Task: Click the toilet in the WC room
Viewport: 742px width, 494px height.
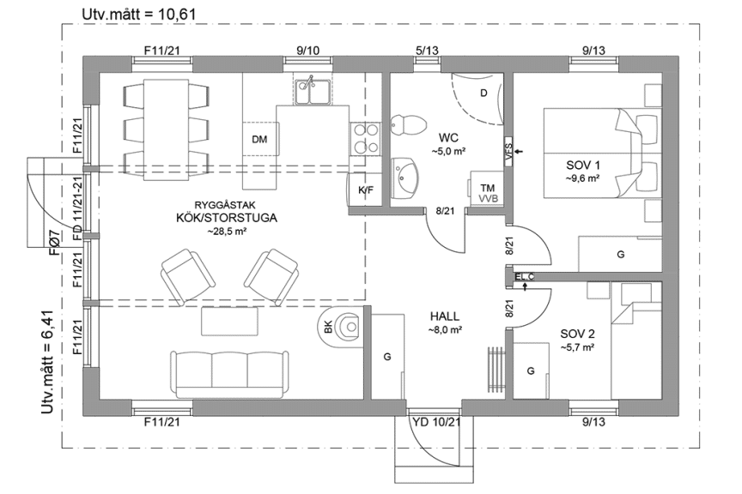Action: (x=407, y=124)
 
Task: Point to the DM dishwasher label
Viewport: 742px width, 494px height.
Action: (x=259, y=139)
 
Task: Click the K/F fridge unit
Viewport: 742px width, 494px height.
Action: (x=364, y=190)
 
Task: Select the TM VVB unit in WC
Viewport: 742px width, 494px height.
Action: (x=487, y=192)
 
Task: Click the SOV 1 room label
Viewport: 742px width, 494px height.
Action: (x=583, y=165)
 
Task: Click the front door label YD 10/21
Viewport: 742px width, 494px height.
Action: (x=437, y=422)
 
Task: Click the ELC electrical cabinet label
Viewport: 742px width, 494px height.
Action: (x=525, y=276)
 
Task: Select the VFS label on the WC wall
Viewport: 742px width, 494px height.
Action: (x=508, y=152)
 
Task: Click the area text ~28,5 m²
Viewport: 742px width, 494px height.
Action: (x=223, y=231)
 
